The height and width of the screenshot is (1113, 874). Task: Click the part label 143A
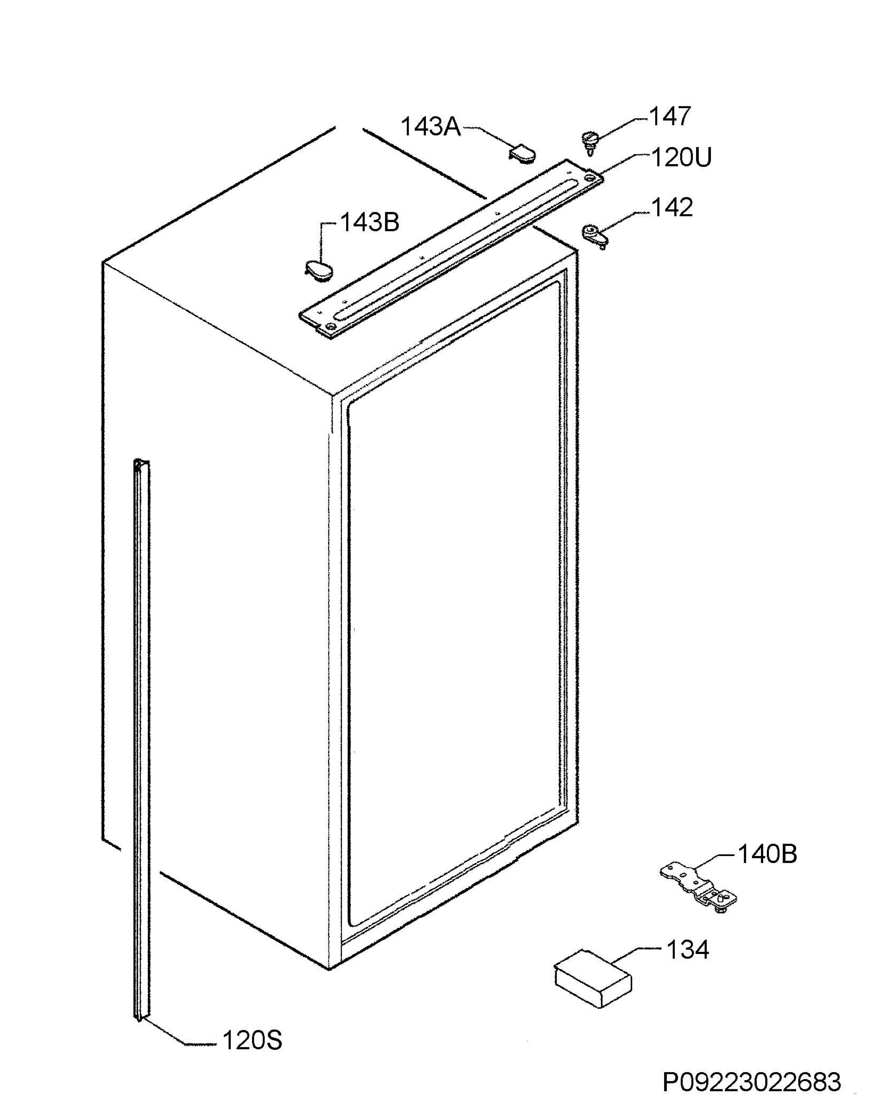[x=431, y=127]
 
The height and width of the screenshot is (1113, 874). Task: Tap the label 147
[x=670, y=117]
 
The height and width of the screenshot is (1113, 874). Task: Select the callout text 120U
[x=681, y=158]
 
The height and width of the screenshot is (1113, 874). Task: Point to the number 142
[x=672, y=207]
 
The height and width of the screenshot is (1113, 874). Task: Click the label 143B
[x=369, y=223]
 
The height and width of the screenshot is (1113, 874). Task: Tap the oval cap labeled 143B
[x=318, y=269]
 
